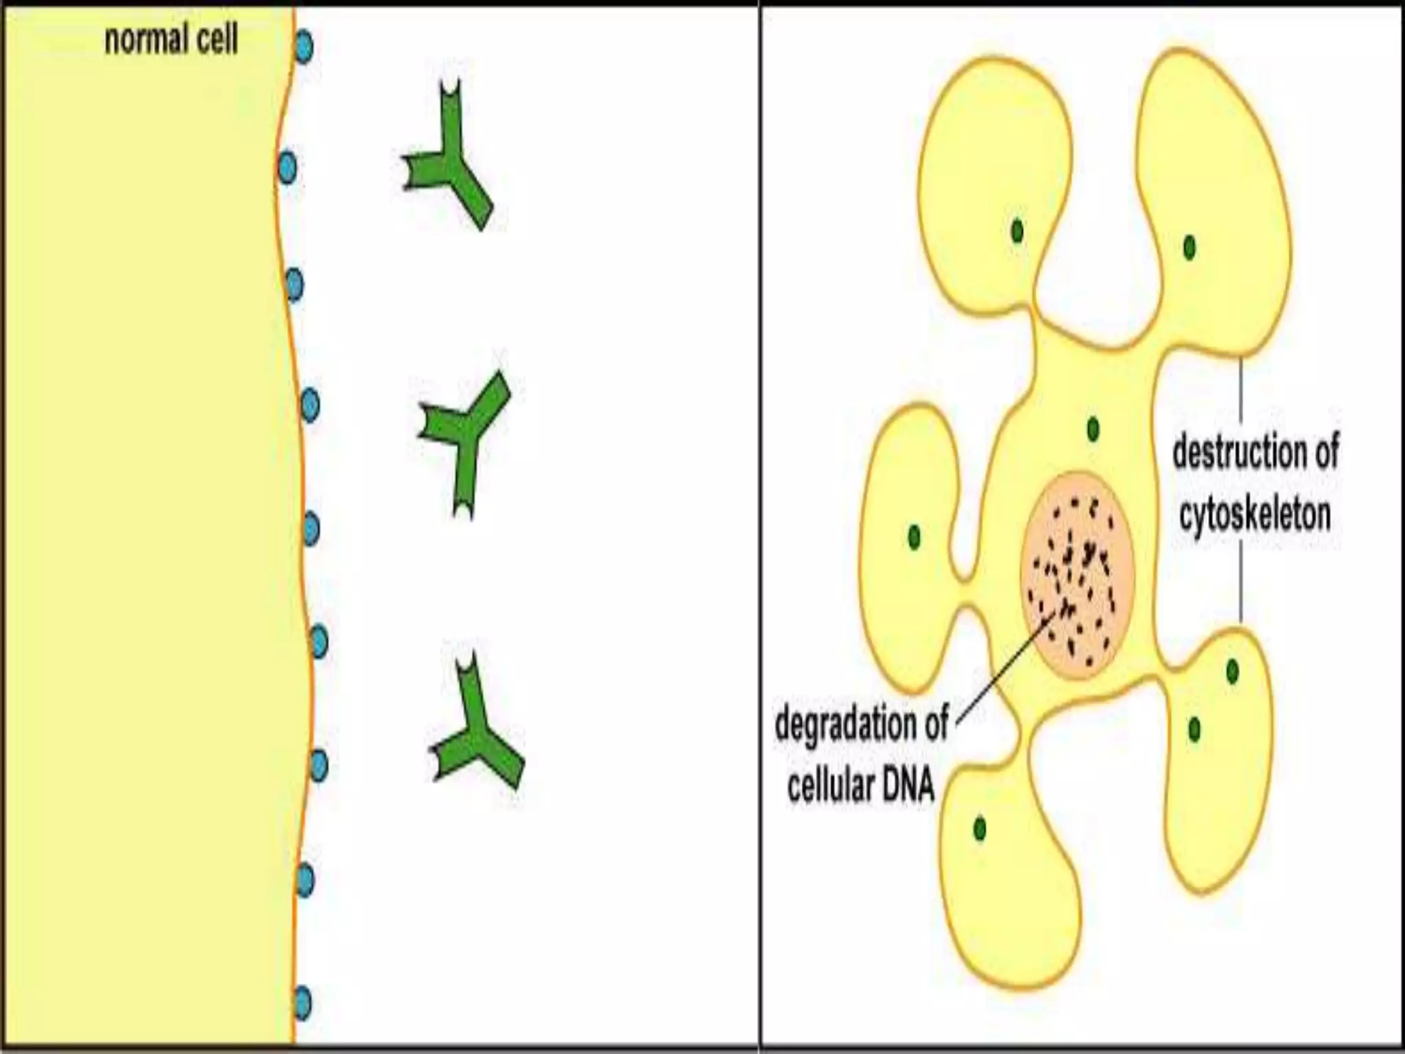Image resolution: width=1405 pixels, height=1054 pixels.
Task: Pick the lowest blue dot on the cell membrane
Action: (302, 1003)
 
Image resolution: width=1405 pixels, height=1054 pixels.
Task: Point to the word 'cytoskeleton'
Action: (1255, 515)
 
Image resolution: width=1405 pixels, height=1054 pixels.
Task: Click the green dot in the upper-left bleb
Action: (1017, 231)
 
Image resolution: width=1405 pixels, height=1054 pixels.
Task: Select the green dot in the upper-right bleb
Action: (1190, 247)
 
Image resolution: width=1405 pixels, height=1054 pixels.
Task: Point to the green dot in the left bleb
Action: (914, 536)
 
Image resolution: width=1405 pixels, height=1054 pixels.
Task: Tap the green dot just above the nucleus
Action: (1093, 430)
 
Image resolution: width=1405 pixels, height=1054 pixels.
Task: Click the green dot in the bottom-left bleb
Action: (980, 829)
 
